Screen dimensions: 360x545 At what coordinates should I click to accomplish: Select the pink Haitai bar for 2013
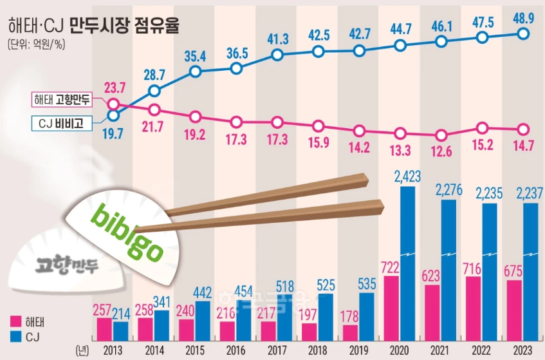(105, 329)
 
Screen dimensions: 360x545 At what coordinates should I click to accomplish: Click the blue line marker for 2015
(196, 73)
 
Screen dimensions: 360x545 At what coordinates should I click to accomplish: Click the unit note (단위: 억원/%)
(37, 45)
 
